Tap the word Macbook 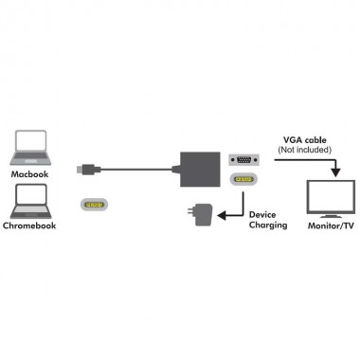pyautogui.click(x=28, y=175)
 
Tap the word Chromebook pyautogui.click(x=30, y=227)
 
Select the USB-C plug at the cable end pyautogui.click(x=86, y=170)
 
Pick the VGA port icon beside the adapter pyautogui.click(x=243, y=159)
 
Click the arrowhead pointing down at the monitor pyautogui.click(x=335, y=173)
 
